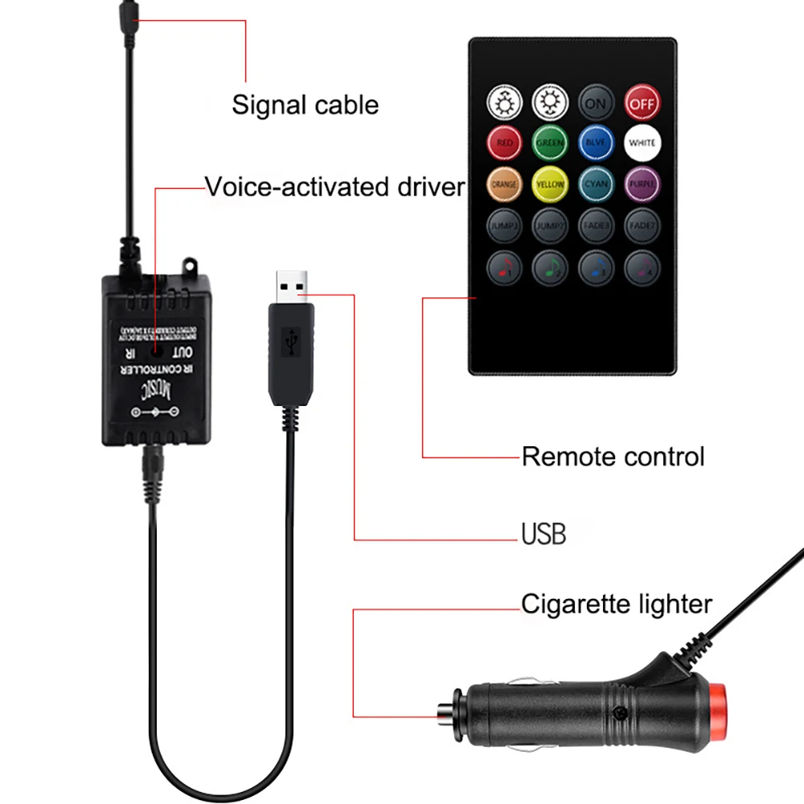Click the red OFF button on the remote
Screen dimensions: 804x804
(x=642, y=102)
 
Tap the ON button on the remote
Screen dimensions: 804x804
(x=596, y=102)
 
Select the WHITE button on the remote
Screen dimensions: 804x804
(x=642, y=143)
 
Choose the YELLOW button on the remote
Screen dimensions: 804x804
(x=550, y=184)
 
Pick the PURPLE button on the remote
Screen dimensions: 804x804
(x=642, y=184)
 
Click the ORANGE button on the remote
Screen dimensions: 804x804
(x=504, y=184)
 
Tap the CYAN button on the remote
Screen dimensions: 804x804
(x=596, y=184)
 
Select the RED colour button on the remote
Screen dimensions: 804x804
(x=504, y=143)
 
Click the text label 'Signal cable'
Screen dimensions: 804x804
(x=305, y=105)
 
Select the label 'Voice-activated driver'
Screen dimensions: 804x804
(x=334, y=187)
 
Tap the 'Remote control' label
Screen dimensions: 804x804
(x=613, y=457)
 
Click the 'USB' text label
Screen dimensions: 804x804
(x=544, y=534)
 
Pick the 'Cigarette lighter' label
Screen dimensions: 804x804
(x=617, y=604)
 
